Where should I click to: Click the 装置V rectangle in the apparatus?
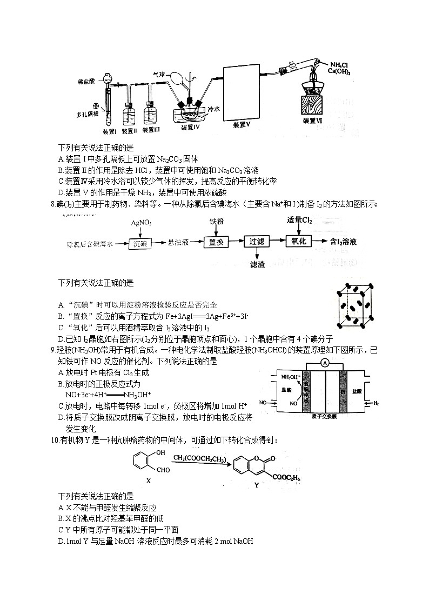click(241, 95)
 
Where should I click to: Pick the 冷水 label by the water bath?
click(213, 108)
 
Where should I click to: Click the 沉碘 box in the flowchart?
click(142, 243)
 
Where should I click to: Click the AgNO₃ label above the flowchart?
click(141, 223)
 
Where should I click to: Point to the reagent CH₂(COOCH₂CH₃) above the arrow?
click(199, 458)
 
